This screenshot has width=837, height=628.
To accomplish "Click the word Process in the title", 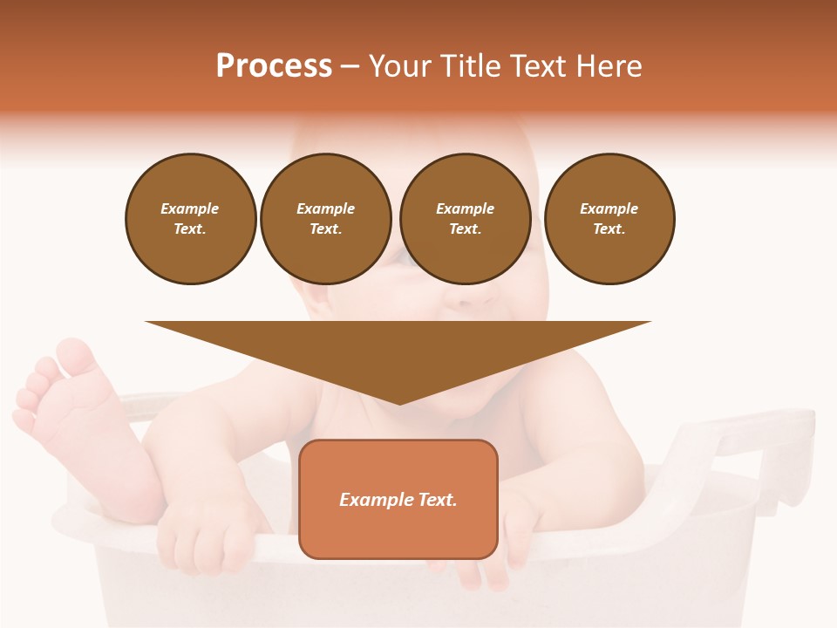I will coord(274,66).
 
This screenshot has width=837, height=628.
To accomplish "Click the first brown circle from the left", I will coord(191,219).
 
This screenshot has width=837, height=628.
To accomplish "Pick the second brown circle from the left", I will coord(326,219).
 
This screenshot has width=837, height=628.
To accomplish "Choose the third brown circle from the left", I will coord(466,219).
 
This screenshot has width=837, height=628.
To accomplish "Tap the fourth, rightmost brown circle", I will coord(609,219).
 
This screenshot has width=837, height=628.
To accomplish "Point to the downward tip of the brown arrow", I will coord(399,400).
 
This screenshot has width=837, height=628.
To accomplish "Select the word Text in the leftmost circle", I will coord(189,229).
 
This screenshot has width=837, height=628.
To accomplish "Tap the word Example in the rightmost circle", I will coord(609,208).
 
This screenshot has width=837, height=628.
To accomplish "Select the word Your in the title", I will coord(398,66).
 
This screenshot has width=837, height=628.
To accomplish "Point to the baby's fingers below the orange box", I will coord(480,571).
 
